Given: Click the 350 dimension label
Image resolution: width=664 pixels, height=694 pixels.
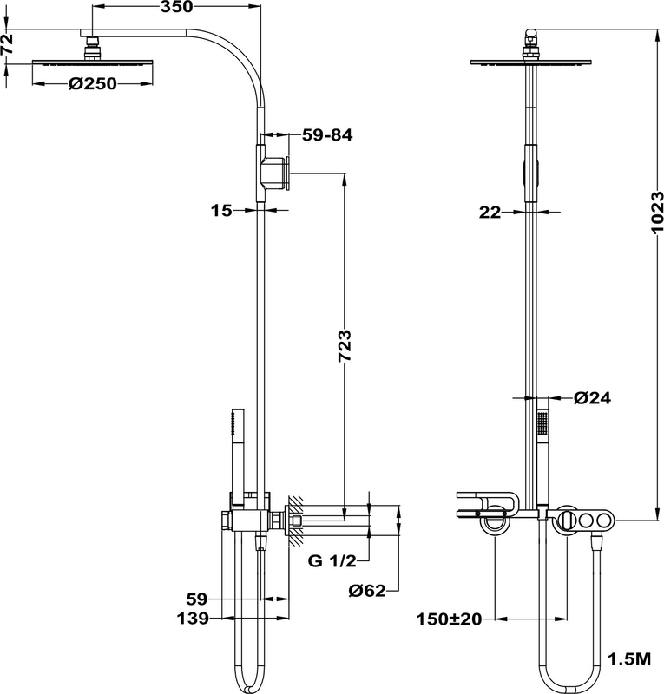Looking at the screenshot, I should (x=175, y=9).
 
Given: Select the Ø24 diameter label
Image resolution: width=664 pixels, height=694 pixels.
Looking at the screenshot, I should (x=593, y=398).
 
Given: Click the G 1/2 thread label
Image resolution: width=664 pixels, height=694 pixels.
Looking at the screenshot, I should (x=332, y=560).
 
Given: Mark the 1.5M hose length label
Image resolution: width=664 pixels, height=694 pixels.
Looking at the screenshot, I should (x=631, y=660).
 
